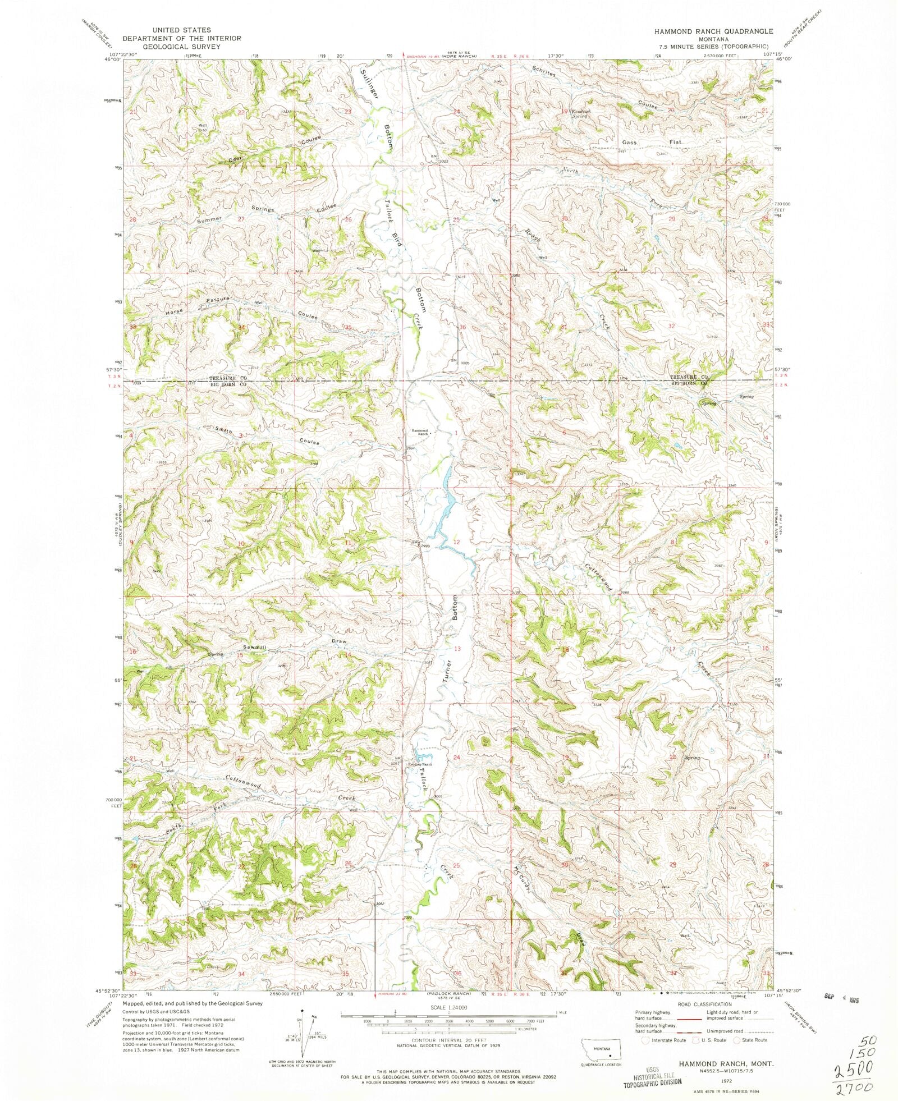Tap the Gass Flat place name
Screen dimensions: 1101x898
tap(654, 143)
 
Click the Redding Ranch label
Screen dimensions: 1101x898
tap(420, 764)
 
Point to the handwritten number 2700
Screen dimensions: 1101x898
tap(854, 1088)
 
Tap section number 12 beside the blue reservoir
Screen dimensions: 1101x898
tap(457, 542)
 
